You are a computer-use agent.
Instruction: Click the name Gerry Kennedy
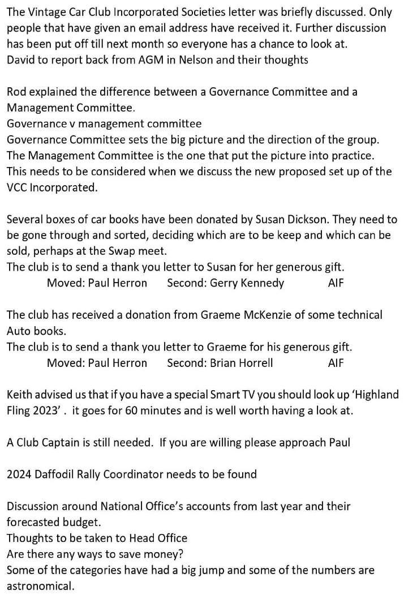pos(247,283)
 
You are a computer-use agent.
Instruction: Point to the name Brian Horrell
pos(241,363)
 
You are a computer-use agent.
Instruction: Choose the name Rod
pos(16,92)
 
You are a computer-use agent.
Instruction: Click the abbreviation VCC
pos(18,187)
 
